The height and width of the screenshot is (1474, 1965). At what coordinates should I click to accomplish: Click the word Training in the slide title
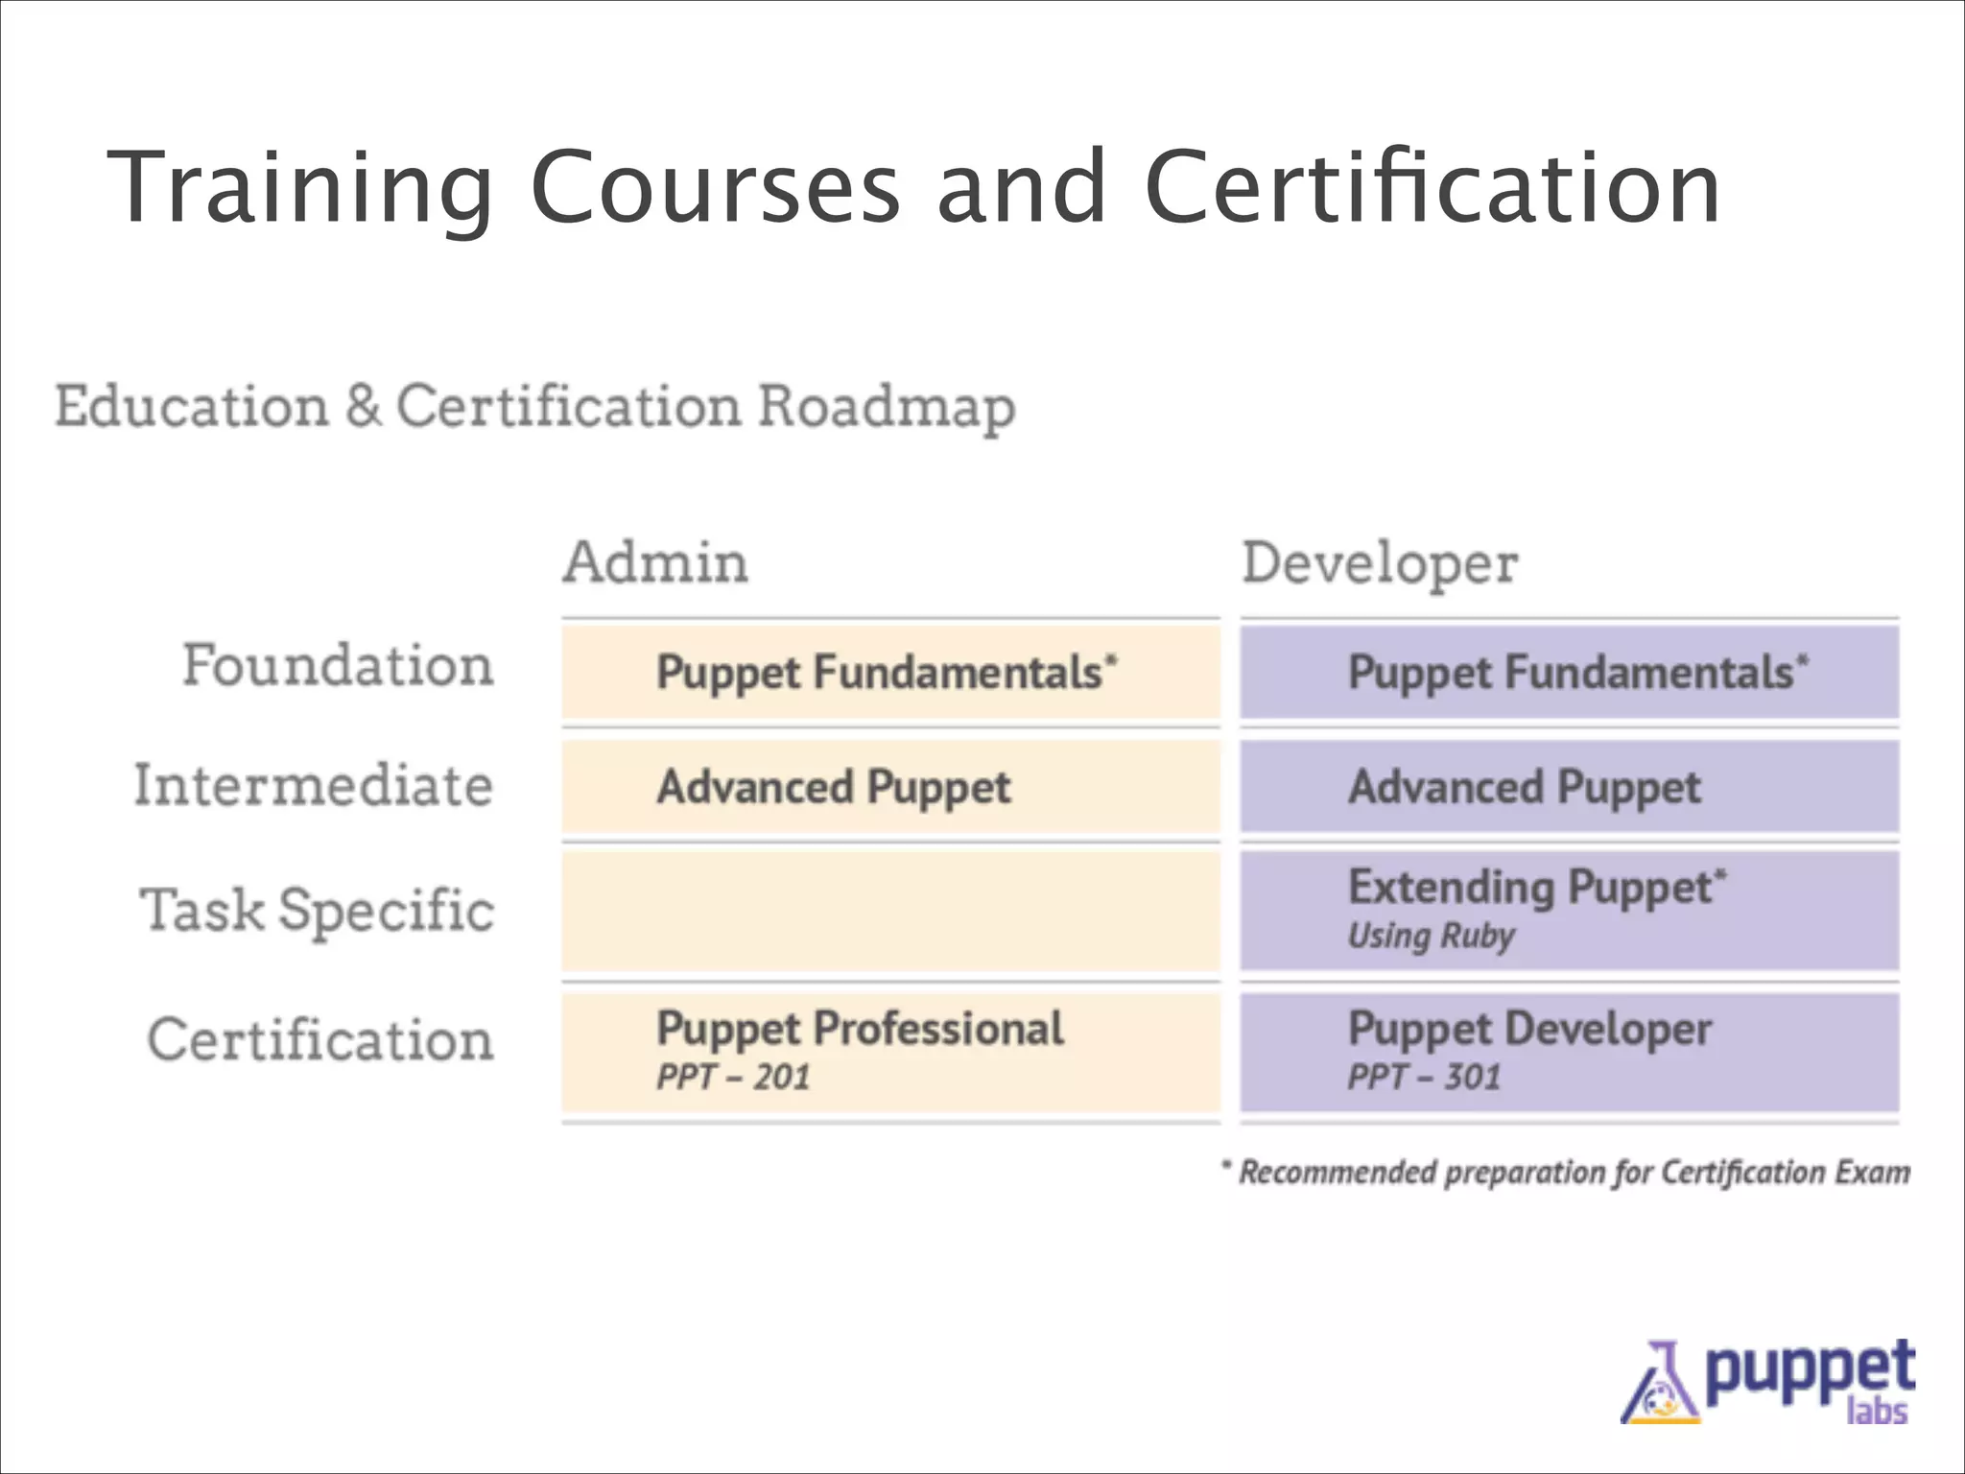[300, 188]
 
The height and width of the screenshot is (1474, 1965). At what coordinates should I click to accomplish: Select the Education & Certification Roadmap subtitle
[534, 407]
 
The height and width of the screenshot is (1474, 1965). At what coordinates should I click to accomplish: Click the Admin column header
[655, 562]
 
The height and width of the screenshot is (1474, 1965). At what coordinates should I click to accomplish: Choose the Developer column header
[1380, 564]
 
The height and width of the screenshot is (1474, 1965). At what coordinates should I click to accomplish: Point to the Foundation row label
[338, 666]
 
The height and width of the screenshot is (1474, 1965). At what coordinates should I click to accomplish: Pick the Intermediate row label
[313, 786]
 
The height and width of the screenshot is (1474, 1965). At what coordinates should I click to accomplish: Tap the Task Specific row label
[317, 910]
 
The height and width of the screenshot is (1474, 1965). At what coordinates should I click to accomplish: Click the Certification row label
[320, 1040]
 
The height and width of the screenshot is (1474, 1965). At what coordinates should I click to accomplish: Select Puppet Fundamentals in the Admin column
[887, 673]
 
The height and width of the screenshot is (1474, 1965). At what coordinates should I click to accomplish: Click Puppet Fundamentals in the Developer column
[1577, 673]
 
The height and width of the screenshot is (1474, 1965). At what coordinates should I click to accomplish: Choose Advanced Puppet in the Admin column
[833, 788]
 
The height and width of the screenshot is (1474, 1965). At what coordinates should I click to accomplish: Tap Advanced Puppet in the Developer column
[1524, 788]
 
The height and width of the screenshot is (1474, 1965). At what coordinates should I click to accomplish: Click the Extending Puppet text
[1536, 888]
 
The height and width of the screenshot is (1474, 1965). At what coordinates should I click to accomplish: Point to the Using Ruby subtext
[1431, 936]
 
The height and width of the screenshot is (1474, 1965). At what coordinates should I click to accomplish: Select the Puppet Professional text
[860, 1029]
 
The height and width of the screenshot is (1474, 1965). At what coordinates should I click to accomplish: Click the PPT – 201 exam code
[733, 1077]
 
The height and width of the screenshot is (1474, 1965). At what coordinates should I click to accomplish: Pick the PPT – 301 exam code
[1424, 1077]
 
